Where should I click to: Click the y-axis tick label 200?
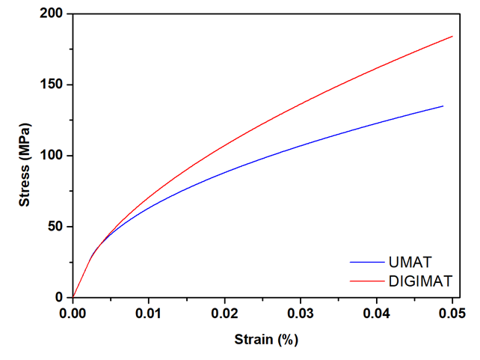pos(53,14)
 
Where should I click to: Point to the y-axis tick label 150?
pos(53,85)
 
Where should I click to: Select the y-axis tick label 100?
pos(53,156)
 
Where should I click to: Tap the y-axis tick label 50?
pos(57,227)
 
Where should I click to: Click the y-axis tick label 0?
pos(61,298)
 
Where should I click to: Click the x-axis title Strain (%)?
pos(262,338)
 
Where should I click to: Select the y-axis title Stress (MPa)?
pos(25,156)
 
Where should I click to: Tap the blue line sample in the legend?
pos(367,262)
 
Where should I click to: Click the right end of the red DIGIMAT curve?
pos(452,36)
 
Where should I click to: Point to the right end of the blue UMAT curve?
pos(443,106)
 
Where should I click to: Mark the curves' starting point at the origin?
pos(73,297)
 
